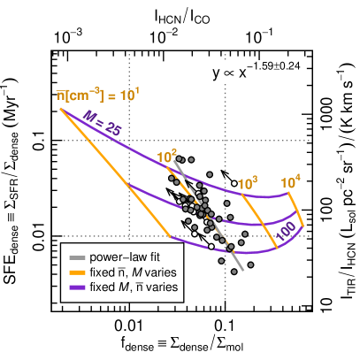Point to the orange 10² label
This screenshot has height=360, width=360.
(167, 157)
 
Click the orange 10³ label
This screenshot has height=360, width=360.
(249, 182)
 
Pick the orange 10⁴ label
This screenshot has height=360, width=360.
(291, 182)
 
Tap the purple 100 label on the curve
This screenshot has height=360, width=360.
(284, 232)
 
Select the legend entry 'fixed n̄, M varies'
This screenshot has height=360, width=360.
(134, 272)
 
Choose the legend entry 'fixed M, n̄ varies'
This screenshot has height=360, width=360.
(134, 287)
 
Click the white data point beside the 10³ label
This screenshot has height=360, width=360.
(234, 183)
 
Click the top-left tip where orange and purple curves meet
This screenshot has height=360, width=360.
(61, 109)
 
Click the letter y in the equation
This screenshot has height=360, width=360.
(216, 75)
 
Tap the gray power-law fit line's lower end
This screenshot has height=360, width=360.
(241, 270)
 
